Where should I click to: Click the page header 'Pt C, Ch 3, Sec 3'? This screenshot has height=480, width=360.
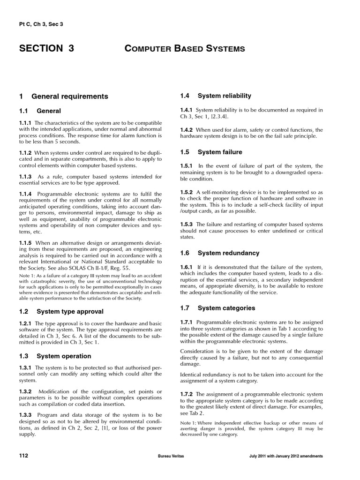[x=41, y=24]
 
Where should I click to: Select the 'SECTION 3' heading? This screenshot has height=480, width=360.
[x=46, y=48]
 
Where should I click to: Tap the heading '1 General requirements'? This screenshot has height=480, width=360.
[x=64, y=97]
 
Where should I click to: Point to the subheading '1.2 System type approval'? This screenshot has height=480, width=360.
[x=61, y=311]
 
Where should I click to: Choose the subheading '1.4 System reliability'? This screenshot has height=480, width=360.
[x=216, y=96]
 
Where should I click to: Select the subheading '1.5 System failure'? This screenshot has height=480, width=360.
[x=211, y=152]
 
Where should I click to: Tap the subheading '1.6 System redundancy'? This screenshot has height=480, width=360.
[x=219, y=253]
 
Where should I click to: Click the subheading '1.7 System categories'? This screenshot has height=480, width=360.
[x=217, y=308]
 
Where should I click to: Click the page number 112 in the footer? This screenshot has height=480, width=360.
[x=24, y=456]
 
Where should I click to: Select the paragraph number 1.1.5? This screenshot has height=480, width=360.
[x=25, y=243]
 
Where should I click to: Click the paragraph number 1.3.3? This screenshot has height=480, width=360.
[x=25, y=415]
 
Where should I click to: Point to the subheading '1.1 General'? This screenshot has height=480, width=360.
[x=40, y=111]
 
